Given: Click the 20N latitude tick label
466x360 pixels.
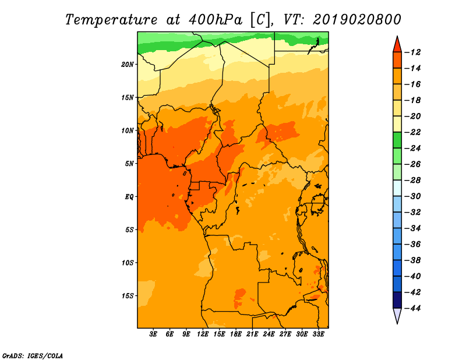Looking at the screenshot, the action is pos(128,65).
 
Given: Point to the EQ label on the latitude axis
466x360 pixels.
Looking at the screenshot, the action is pos(129,197).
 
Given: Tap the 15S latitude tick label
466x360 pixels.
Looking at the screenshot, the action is pos(128,296).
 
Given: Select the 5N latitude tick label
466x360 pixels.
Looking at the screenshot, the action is pos(129,164).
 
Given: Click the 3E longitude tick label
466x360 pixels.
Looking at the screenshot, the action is pos(153,334).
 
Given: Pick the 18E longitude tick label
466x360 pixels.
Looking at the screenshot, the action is pos(236,334).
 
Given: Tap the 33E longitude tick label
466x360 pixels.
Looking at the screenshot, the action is pos(318,334).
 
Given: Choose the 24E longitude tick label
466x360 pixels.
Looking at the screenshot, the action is pos(269,334).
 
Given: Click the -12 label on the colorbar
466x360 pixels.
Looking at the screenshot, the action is pos(412,52).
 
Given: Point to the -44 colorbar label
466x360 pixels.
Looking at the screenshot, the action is pos(412,308).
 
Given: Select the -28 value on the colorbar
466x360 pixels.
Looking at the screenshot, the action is pos(412,180).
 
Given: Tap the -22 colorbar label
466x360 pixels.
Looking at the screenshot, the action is pos(412,132).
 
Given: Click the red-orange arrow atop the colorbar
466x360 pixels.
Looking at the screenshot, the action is pos(397,45).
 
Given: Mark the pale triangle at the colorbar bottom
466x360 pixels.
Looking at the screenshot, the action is pos(397,315).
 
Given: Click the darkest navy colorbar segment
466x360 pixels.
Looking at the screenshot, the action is pos(397,300).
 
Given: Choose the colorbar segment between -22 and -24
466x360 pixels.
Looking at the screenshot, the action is pos(397,140).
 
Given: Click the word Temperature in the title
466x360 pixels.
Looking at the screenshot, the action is pos(111,20).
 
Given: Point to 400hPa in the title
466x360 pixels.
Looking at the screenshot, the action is pos(215,20).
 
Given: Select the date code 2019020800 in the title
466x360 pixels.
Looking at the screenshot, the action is pos(357,20).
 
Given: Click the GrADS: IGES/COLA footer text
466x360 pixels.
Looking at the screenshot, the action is pos(33,356).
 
